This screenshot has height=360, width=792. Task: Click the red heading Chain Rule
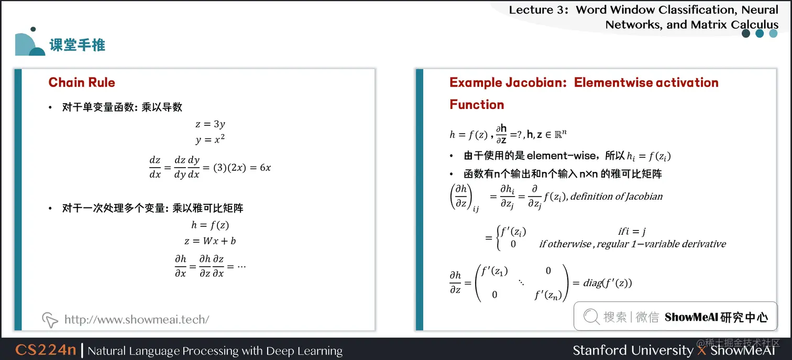pos(82,82)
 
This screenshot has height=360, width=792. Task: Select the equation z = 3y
pos(210,124)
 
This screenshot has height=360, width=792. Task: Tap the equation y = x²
pos(210,140)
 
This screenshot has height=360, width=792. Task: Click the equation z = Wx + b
pos(210,241)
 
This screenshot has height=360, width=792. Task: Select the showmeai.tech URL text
pos(136,319)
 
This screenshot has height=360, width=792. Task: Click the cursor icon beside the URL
pos(50,319)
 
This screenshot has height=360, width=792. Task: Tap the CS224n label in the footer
pos(46,350)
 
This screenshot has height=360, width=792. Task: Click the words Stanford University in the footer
pos(633,350)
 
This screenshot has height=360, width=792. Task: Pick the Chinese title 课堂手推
pos(78,45)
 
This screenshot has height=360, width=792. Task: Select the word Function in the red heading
pos(477,104)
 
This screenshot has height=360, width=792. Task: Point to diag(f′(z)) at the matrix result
pos(608,283)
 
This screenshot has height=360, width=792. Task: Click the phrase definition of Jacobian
pos(617,197)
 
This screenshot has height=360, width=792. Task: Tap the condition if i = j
pos(632,232)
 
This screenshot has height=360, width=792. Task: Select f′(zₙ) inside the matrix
pos(548,295)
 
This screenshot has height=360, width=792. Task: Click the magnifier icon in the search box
pos(591,317)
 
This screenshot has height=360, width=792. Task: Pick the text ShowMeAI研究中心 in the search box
pos(716,317)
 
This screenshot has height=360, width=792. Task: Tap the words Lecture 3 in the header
pos(538,10)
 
